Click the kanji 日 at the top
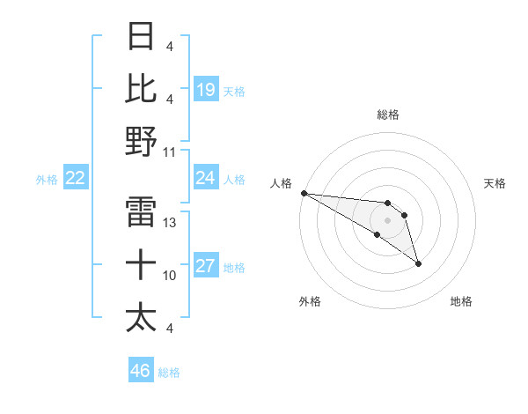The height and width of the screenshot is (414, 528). pos(142,37)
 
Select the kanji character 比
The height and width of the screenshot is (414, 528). pos(142,89)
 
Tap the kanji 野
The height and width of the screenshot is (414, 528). pos(142,142)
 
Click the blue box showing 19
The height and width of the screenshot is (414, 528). pos(206,89)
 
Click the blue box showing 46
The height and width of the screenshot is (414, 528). pos(141,371)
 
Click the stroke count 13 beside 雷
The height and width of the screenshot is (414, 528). pos(170,223)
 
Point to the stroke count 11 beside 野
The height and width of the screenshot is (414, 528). pos(170,152)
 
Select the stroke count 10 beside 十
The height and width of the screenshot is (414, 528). pos(170,276)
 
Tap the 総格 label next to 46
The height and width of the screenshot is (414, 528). pos(169,373)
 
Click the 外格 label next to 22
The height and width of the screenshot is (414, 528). pos(47,180)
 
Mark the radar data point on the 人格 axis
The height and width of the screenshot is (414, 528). pos(304,193)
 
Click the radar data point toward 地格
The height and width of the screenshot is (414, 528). pos(418,263)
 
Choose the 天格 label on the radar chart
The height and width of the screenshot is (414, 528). pos(495,183)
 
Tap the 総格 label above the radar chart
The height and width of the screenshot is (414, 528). pos(387,115)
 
